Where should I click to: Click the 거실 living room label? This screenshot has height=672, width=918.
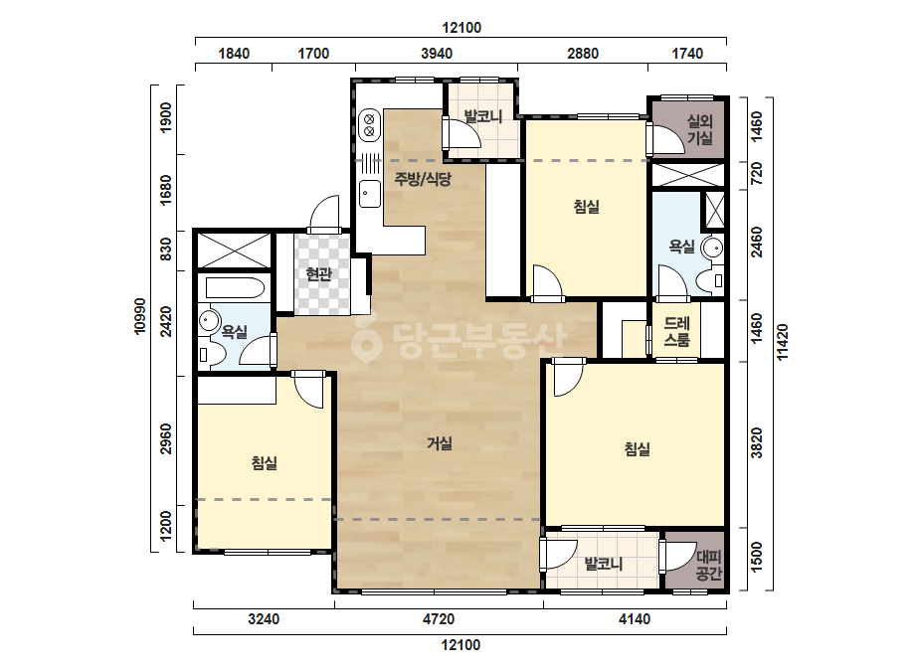439,443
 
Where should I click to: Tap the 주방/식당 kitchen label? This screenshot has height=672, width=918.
423,179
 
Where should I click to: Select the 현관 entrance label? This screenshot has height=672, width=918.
319,273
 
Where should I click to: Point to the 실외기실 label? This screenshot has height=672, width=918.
699,129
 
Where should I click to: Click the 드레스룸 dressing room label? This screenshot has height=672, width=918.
676,331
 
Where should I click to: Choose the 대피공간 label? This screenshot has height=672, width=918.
708,565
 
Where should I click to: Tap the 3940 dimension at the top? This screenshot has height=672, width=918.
437,54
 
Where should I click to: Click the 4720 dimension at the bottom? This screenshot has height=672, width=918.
439,618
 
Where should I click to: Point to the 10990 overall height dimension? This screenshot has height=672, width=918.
140,317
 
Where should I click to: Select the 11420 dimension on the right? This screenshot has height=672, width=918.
782,342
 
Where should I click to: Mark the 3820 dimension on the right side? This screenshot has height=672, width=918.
757,443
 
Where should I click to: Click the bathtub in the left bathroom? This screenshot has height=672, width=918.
235,288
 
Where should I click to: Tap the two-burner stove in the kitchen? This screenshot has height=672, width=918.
369,124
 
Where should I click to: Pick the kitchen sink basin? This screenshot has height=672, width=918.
369,194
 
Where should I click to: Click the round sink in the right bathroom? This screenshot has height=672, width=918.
713,247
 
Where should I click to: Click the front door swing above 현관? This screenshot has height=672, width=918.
324,214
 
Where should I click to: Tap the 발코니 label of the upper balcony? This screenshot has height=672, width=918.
483,116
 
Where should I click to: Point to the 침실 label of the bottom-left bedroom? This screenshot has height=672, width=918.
264,463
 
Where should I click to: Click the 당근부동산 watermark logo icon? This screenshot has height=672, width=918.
367,341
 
